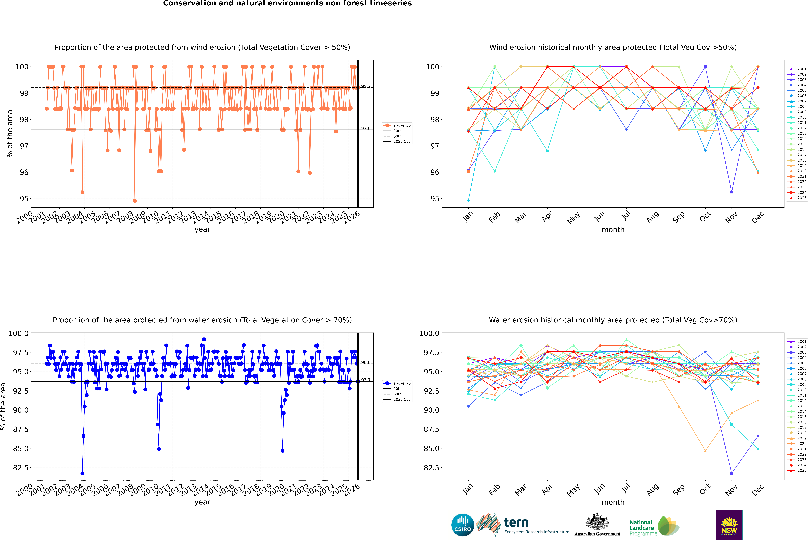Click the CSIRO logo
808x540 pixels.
point(463,525)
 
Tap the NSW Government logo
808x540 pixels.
point(729,525)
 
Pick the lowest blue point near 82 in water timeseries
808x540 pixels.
point(82,473)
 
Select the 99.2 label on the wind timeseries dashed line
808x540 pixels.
point(365,86)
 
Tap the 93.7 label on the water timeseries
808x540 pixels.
point(365,380)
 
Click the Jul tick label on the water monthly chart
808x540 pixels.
point(626,489)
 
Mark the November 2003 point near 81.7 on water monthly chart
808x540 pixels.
point(731,473)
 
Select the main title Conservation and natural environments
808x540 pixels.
point(287,3)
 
